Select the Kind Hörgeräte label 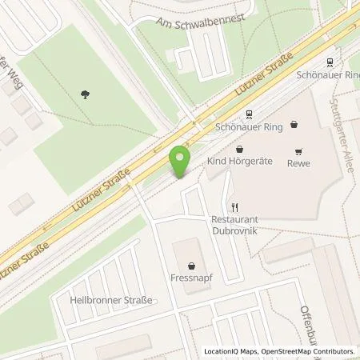(240, 162)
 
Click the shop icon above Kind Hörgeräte (239, 150)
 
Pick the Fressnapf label (192, 279)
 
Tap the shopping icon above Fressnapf (192, 266)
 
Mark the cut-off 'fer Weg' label (21, 80)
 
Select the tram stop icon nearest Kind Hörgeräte (249, 114)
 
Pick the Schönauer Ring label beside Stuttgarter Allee (329, 73)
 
